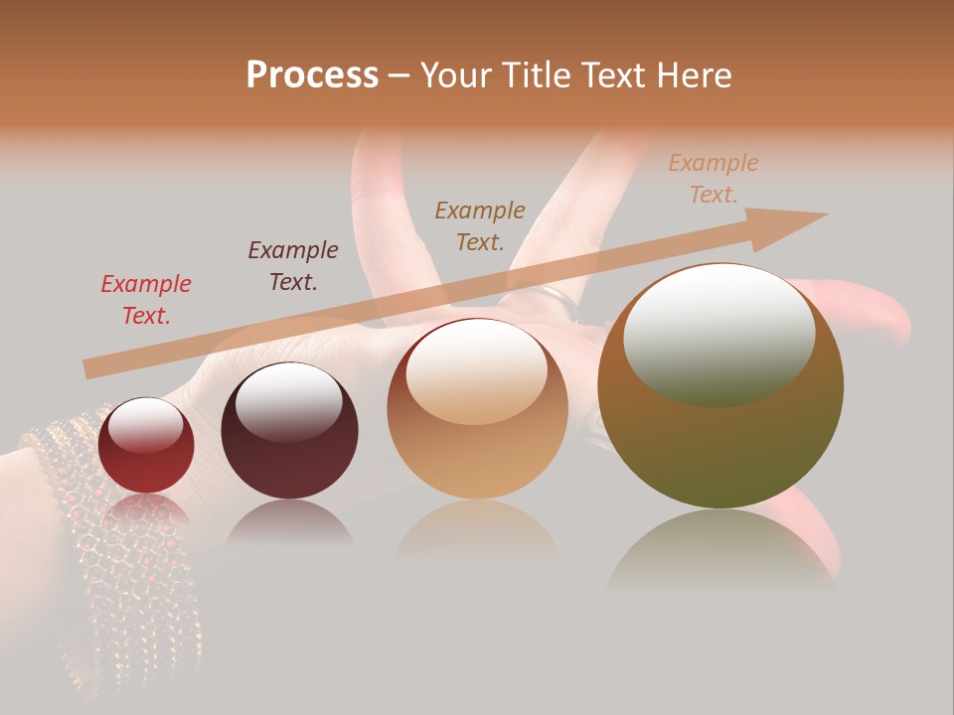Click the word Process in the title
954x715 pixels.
pyautogui.click(x=312, y=74)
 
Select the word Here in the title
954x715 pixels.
pyautogui.click(x=695, y=74)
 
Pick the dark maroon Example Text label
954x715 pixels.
pyautogui.click(x=292, y=266)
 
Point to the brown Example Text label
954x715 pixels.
pyautogui.click(x=480, y=225)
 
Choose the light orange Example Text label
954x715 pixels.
pyautogui.click(x=713, y=179)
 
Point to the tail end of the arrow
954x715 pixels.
pyautogui.click(x=89, y=369)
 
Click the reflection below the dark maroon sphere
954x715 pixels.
pyautogui.click(x=289, y=521)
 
